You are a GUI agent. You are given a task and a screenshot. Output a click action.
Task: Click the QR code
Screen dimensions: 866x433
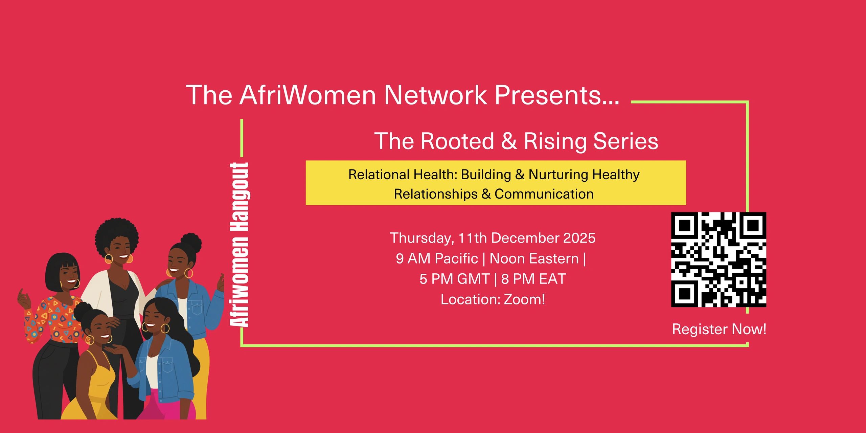(x=719, y=259)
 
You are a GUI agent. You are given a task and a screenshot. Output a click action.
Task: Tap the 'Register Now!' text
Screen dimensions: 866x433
(x=719, y=329)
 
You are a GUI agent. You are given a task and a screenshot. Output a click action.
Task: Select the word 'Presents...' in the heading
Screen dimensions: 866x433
(x=557, y=96)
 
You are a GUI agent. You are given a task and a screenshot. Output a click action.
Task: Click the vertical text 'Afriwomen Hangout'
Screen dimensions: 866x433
(x=240, y=245)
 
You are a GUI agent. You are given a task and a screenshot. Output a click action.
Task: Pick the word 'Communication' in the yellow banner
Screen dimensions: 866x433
(x=544, y=194)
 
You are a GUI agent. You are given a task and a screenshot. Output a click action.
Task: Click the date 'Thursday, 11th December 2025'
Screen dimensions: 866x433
(x=493, y=238)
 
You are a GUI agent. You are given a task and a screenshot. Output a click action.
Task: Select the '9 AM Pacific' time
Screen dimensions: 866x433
(x=437, y=258)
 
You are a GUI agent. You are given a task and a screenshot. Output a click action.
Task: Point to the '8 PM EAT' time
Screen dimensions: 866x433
(x=533, y=279)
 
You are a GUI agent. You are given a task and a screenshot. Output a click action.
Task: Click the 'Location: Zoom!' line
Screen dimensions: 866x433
(x=493, y=299)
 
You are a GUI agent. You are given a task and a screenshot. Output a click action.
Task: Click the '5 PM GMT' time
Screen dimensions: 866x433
(x=455, y=279)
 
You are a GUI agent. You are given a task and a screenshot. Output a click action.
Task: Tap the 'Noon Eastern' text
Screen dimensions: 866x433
(x=534, y=258)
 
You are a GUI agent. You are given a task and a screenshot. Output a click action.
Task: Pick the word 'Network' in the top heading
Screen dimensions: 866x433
(x=435, y=95)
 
